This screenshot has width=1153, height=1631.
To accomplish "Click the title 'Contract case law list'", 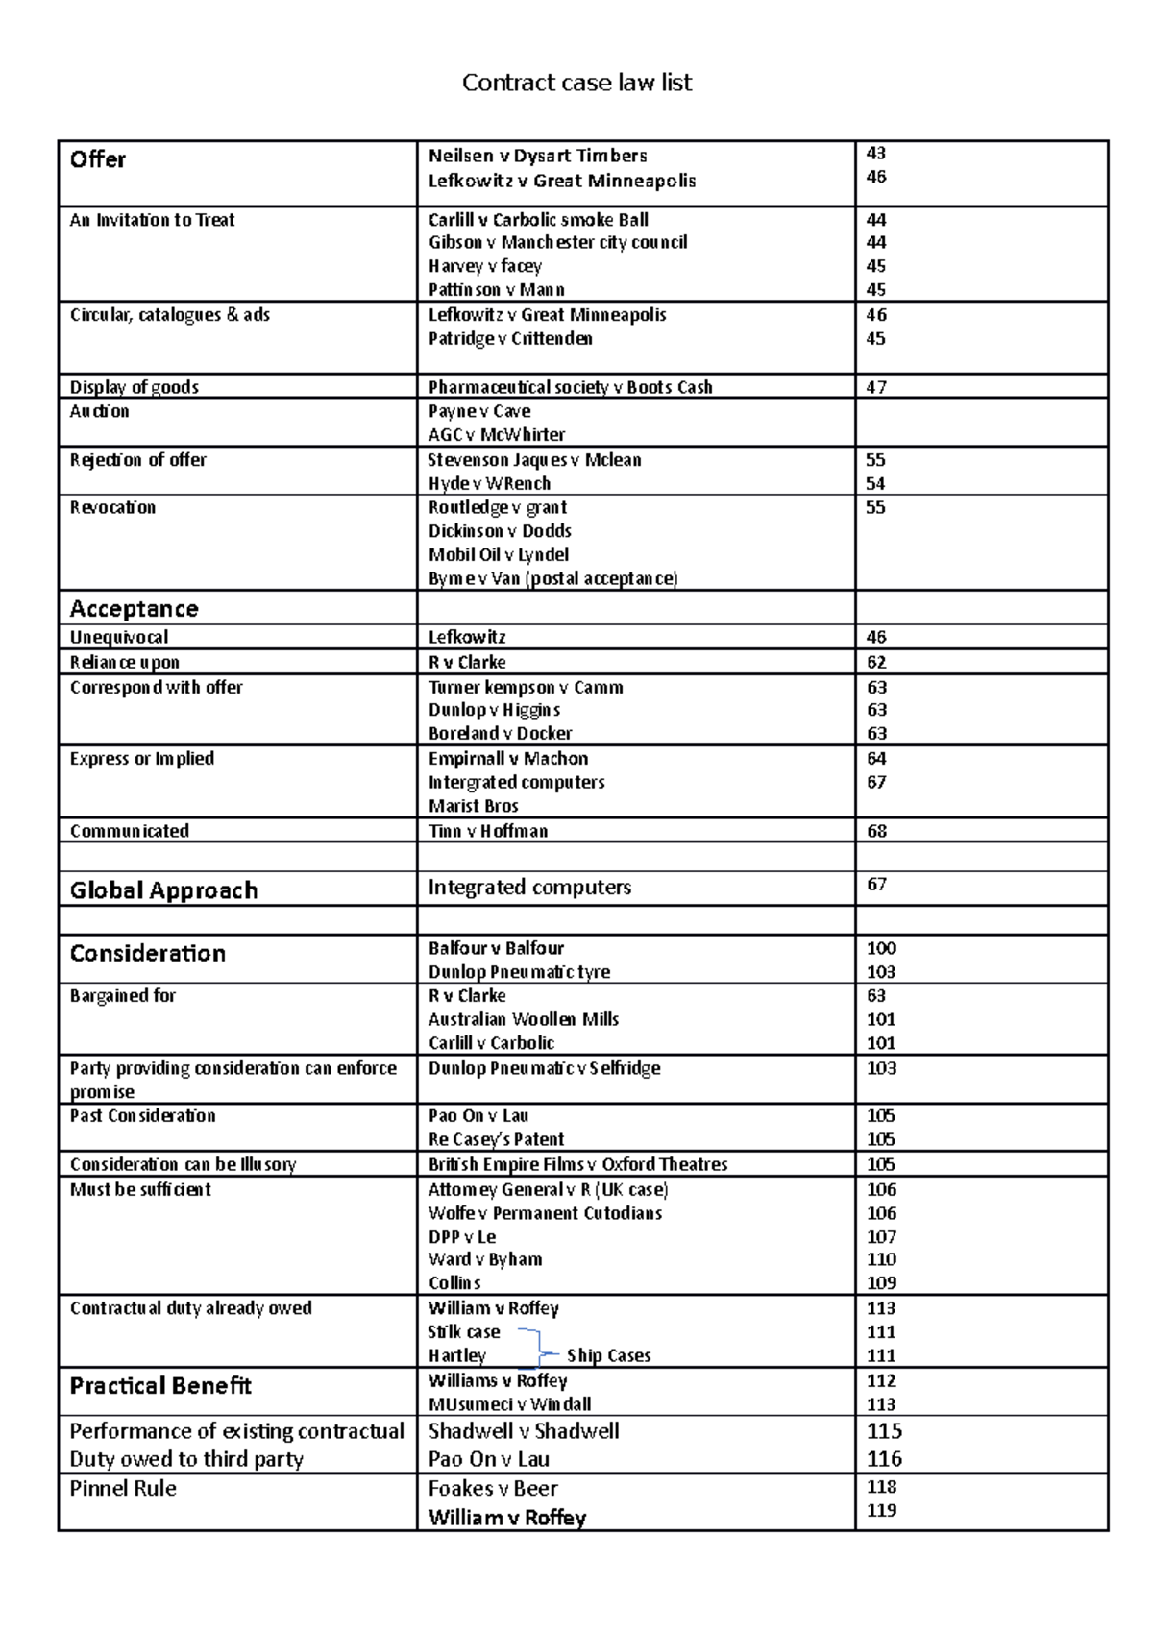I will [x=576, y=83].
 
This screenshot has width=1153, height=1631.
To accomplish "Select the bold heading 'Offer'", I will [x=97, y=159].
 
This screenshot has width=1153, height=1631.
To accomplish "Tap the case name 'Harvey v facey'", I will [x=484, y=266].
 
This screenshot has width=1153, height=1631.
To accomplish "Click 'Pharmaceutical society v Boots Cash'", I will [x=570, y=387].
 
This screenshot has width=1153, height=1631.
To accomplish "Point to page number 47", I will [x=875, y=387].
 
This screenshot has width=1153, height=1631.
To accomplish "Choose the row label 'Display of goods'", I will [x=134, y=387].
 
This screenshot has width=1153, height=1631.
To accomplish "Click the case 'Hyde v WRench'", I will [x=489, y=483].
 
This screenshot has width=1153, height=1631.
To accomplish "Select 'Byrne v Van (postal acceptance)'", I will [x=552, y=578].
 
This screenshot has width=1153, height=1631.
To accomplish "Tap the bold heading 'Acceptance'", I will [x=134, y=609].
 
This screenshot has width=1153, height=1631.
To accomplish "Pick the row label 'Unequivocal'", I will [x=118, y=637].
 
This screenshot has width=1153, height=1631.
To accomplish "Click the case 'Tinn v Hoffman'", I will [x=487, y=831].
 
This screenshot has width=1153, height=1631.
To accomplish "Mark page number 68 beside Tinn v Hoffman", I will [x=876, y=831].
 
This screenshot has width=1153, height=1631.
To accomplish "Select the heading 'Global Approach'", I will [x=163, y=890].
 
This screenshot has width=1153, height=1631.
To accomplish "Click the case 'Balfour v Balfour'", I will [x=496, y=948].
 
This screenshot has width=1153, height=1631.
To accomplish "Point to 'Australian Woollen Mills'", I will [x=523, y=1019].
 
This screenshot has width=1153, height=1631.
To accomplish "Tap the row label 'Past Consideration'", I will [x=142, y=1115].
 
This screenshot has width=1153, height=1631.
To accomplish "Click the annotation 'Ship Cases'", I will [x=608, y=1355].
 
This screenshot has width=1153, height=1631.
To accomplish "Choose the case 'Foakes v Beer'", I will [x=492, y=1488].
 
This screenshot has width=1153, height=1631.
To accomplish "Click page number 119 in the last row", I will [x=881, y=1510].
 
